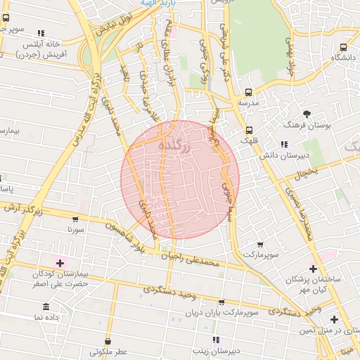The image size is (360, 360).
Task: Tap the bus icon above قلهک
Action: pos(250,130)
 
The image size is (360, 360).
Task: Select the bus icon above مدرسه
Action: pos(248,92)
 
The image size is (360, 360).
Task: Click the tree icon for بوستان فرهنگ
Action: pos(307,114)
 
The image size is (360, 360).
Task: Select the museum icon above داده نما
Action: pos(46,307)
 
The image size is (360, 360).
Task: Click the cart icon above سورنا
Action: pos(77,219)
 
